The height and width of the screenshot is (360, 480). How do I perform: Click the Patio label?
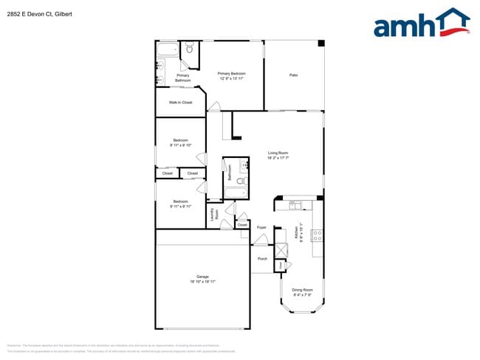[x=293, y=75]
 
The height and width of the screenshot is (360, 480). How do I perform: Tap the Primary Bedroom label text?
[x=231, y=73]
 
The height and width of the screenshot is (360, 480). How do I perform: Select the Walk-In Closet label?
[x=180, y=103]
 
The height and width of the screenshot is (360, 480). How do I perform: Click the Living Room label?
[x=278, y=153]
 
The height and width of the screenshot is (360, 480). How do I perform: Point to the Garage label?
[x=202, y=277]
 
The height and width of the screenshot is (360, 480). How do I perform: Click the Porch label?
[x=262, y=259]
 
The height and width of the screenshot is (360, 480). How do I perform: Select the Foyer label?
[x=261, y=227]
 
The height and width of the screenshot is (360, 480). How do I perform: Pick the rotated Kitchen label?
[x=298, y=233]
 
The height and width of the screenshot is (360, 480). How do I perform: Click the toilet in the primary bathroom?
[x=189, y=50]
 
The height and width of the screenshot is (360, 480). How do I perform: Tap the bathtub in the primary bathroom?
[x=168, y=50]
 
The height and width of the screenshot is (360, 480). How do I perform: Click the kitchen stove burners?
[x=318, y=236]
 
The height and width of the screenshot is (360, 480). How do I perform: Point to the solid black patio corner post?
[x=320, y=44]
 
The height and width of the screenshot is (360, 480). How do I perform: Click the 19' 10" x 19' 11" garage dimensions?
[x=202, y=282]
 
